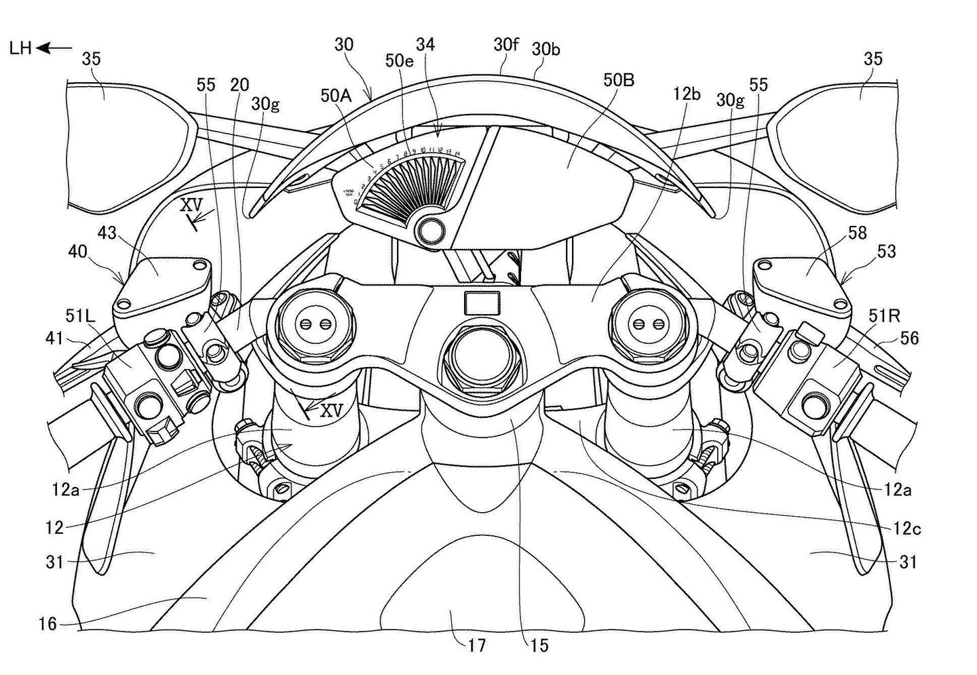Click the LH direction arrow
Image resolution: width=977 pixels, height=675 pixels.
click(x=55, y=48)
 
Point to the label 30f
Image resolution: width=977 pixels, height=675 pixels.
click(x=505, y=45)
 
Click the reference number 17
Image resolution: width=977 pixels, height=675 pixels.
click(x=477, y=644)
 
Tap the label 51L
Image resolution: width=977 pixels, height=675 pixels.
click(x=79, y=315)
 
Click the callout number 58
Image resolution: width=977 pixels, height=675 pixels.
click(x=857, y=232)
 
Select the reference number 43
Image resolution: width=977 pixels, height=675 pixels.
click(x=107, y=233)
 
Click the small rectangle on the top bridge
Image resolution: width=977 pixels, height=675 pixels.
click(x=480, y=303)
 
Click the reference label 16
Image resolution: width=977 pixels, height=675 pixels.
click(x=47, y=623)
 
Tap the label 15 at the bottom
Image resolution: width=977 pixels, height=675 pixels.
click(x=539, y=644)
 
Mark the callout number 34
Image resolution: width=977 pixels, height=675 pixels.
click(x=425, y=45)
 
